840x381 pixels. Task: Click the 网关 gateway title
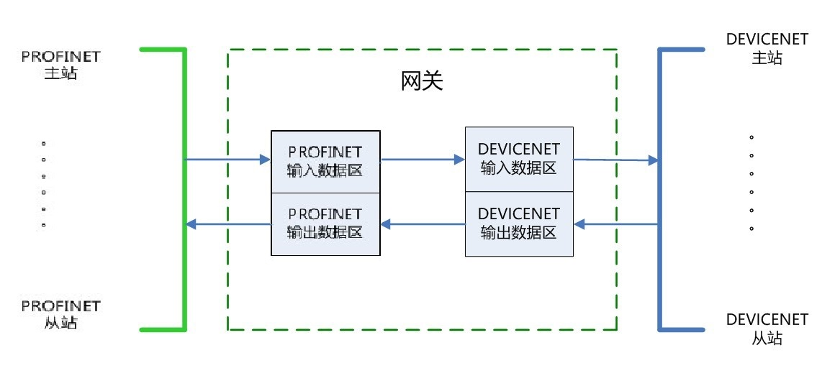tap(422, 81)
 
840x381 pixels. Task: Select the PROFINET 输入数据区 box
tap(325, 162)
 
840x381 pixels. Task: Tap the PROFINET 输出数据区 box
tap(325, 224)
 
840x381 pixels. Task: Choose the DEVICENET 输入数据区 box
tap(519, 158)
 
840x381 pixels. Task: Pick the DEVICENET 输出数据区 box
tap(519, 223)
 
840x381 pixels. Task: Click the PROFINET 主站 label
tap(61, 64)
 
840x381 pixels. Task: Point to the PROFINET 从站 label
tap(61, 315)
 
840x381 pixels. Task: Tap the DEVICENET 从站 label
tap(767, 329)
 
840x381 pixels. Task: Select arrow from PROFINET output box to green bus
tap(227, 224)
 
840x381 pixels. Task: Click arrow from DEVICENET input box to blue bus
tap(616, 160)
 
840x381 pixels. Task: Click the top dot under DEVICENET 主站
tap(751, 137)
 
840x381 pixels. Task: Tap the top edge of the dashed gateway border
tap(422, 50)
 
